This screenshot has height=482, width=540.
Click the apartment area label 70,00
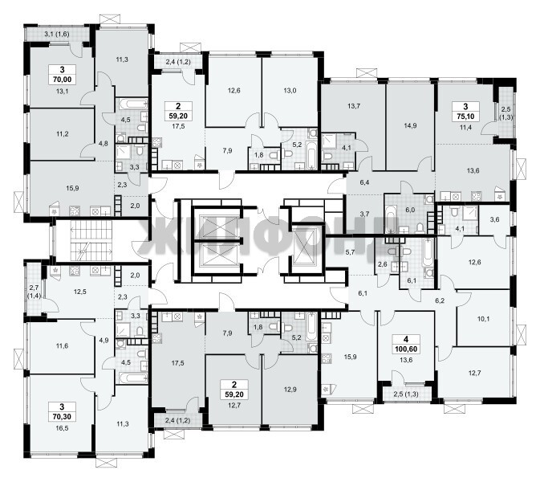[63, 80]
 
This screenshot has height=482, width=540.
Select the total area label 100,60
[406, 349]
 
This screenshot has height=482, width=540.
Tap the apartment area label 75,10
[465, 116]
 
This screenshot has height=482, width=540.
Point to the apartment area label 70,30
[62, 416]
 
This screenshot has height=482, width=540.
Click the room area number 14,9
[410, 125]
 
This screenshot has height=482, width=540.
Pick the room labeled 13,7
[354, 106]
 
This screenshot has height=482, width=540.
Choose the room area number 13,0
[290, 91]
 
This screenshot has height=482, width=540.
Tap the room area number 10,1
[484, 319]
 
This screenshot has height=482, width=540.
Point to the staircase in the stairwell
[91, 241]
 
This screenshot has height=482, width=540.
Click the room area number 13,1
[62, 92]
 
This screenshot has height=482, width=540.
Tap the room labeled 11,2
[62, 134]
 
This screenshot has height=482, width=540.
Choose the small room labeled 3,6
[494, 219]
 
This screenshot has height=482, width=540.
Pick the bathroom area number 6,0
[410, 210]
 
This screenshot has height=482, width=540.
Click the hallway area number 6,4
[364, 182]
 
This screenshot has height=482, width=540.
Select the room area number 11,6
[62, 345]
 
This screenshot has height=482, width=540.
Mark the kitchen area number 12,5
[80, 292]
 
